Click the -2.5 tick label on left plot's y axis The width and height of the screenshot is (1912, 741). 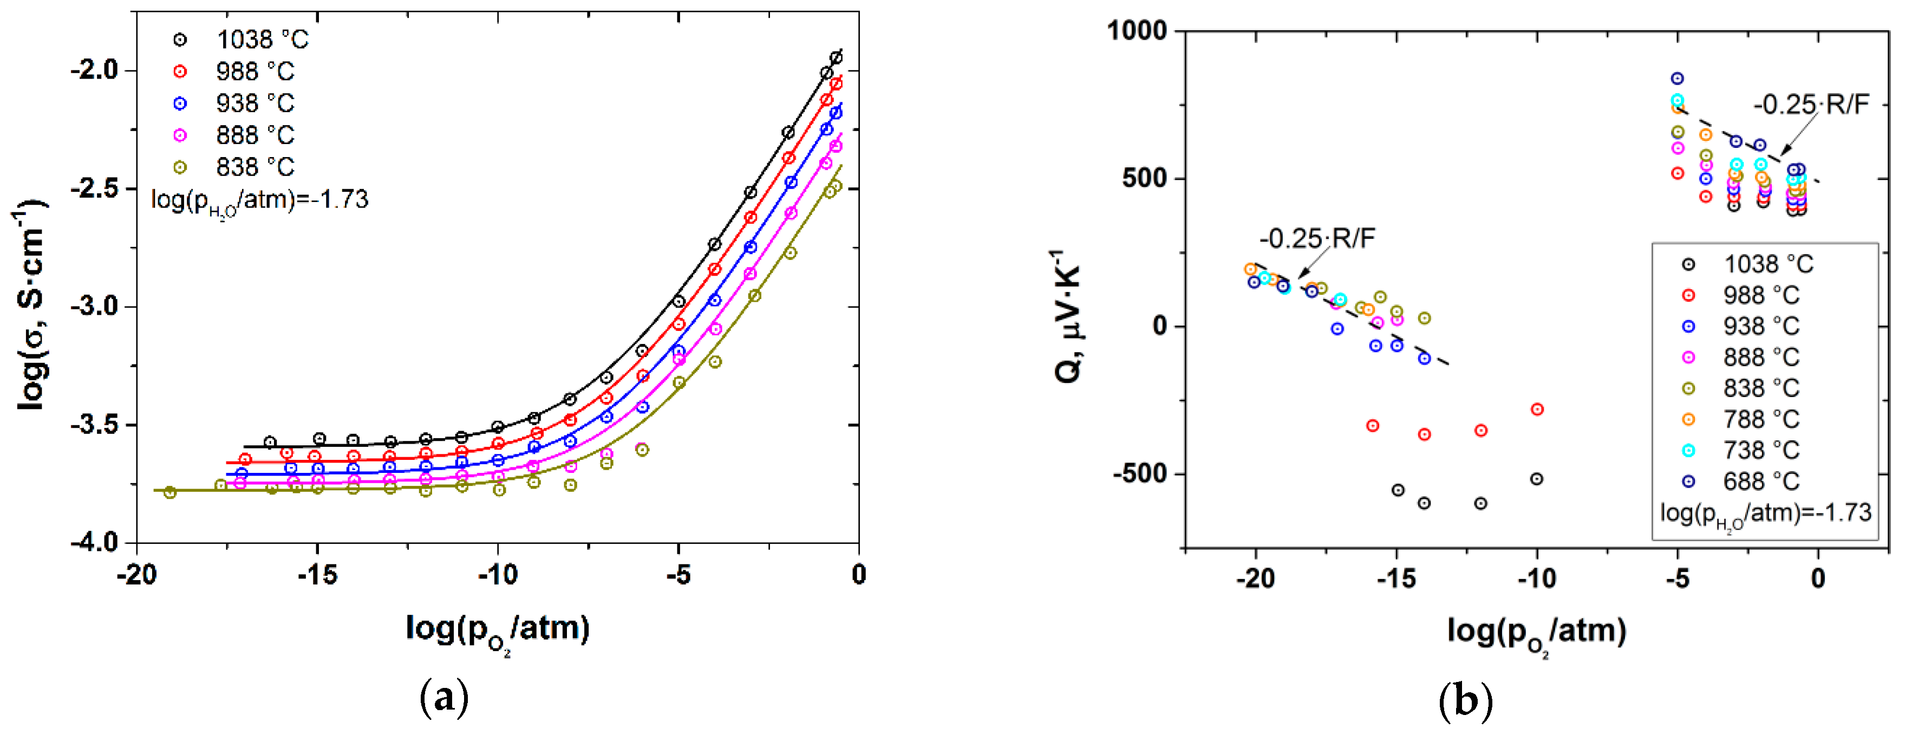pos(95,188)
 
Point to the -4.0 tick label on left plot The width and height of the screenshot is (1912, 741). pos(95,542)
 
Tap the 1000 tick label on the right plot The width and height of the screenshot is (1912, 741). pos(1138,31)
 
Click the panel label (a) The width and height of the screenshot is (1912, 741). pos(444,699)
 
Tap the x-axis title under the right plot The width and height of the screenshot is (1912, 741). pos(1536,633)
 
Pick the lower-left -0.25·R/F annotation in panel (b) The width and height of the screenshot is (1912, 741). pos(1317,238)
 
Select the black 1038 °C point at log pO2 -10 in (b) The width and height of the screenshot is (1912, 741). pos(1536,479)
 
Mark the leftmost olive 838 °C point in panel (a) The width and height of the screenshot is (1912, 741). pos(170,492)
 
